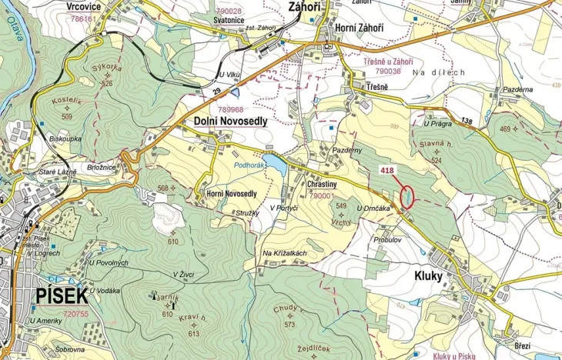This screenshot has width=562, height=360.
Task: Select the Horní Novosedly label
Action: (x=231, y=194)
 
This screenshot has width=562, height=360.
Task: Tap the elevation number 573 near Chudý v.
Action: (x=289, y=324)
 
